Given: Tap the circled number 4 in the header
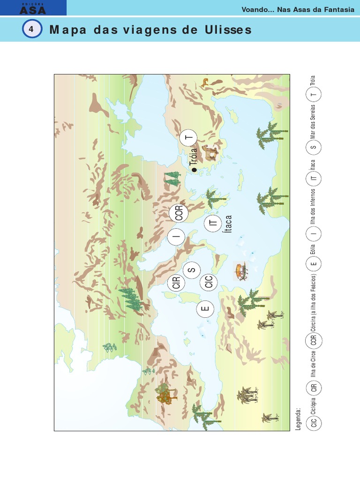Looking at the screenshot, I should click(31, 30).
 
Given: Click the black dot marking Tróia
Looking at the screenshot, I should click(195, 170).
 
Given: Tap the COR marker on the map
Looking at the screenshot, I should click(179, 213).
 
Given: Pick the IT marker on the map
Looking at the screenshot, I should click(213, 224).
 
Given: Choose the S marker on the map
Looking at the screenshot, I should click(192, 270).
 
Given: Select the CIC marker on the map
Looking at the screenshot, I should click(209, 282).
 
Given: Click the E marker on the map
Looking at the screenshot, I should click(205, 309).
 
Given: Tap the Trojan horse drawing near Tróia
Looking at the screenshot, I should click(210, 153).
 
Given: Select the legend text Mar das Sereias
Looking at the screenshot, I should click(313, 125).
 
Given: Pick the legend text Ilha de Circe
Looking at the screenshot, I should click(313, 366).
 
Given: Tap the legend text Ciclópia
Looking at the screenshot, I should click(313, 406).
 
